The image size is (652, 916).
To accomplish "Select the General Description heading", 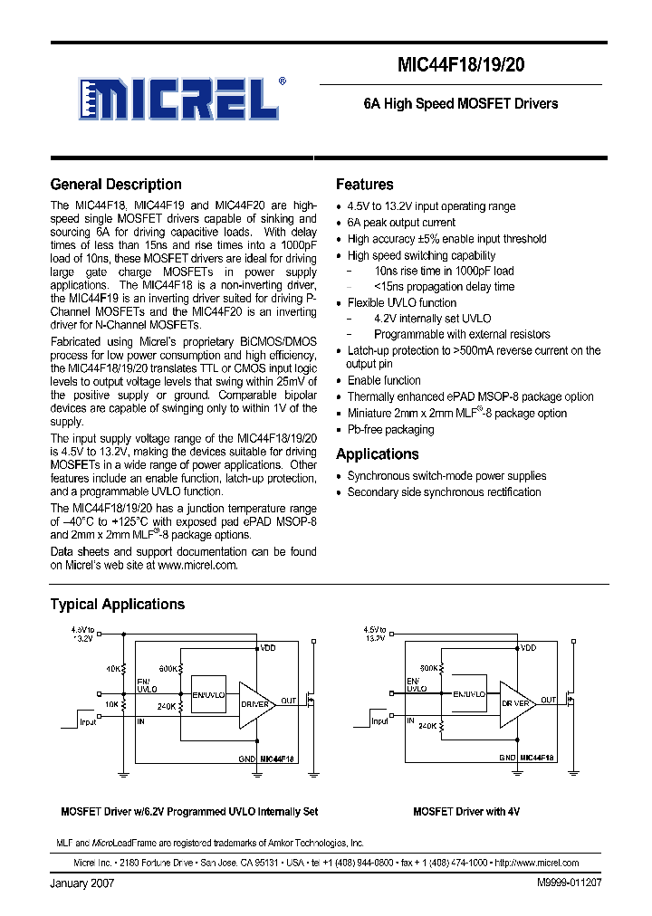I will pyautogui.click(x=116, y=185).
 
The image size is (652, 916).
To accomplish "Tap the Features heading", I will pyautogui.click(x=364, y=185).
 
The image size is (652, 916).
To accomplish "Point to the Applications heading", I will pyautogui.click(x=377, y=454).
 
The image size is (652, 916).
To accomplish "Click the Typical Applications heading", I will pyautogui.click(x=117, y=605).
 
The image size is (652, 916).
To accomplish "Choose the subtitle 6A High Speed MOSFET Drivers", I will pyautogui.click(x=460, y=104).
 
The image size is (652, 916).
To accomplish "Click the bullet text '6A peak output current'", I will pyautogui.click(x=401, y=223).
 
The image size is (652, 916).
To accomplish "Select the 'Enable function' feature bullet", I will pyautogui.click(x=384, y=381).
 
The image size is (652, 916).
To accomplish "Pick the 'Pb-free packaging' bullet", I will pyautogui.click(x=390, y=430).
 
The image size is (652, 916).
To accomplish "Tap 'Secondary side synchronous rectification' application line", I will pyautogui.click(x=444, y=492).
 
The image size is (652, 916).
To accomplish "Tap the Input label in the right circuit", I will pyautogui.click(x=380, y=721).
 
